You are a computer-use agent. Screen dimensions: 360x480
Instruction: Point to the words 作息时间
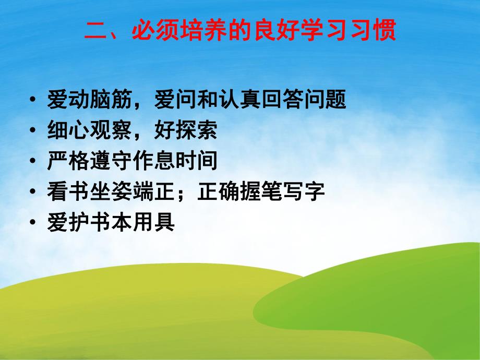tap(175, 162)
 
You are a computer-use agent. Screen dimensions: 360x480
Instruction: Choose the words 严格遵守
tap(89, 162)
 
